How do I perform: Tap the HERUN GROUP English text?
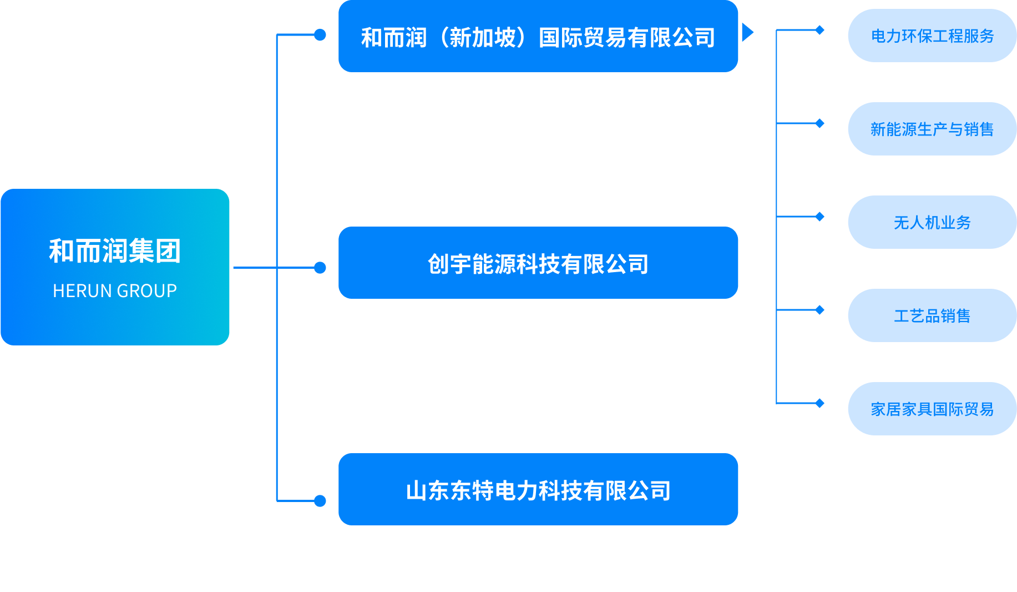(115, 291)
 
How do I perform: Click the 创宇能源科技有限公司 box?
(538, 263)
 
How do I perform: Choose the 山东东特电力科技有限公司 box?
(538, 490)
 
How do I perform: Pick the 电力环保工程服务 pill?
(932, 36)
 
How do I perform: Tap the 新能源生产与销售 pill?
(932, 129)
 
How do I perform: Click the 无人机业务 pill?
(932, 223)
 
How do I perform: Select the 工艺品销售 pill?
(932, 316)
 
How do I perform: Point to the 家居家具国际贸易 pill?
(932, 409)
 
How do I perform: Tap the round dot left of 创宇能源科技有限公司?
(320, 268)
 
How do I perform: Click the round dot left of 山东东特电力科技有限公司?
(320, 501)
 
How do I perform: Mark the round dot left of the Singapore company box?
(320, 35)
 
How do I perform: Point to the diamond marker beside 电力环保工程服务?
(819, 30)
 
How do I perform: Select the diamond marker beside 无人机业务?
(819, 217)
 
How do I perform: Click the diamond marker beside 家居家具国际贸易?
(819, 403)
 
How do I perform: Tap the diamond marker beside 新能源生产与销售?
(819, 123)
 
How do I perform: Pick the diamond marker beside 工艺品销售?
(819, 310)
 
